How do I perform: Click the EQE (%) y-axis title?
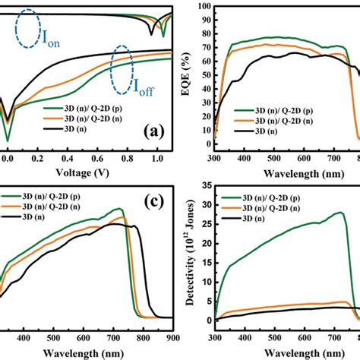(x=196, y=71)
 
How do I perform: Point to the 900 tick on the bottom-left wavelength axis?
(x=172, y=339)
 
